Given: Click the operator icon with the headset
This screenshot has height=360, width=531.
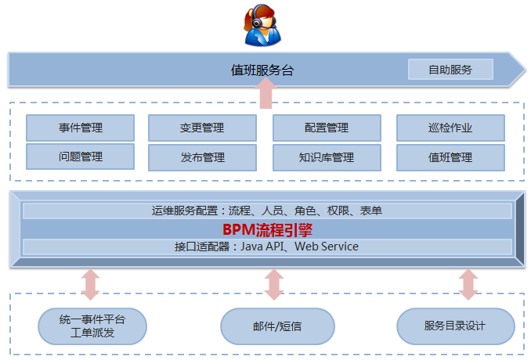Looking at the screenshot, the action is click(262, 26).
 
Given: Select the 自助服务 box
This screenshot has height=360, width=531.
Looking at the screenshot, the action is click(450, 70).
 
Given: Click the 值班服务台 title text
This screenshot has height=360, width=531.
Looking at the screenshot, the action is click(262, 70).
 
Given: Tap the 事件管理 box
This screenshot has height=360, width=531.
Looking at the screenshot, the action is click(80, 128).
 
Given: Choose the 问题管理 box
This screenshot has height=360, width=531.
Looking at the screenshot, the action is click(80, 157).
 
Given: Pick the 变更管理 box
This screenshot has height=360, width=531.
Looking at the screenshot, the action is click(202, 128).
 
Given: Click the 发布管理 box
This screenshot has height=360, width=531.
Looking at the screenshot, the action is click(202, 157).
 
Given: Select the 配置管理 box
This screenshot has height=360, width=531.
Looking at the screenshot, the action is click(327, 128).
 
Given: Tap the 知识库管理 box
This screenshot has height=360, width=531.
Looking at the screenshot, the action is click(327, 157).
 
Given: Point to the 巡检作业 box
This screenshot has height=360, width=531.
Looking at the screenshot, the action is click(450, 128).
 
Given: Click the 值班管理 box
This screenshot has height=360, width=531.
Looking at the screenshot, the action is click(450, 157).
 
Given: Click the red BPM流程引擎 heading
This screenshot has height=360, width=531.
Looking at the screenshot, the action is click(268, 230).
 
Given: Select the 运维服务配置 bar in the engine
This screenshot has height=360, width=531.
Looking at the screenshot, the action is click(267, 211).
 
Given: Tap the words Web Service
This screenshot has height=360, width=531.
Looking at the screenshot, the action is click(327, 247).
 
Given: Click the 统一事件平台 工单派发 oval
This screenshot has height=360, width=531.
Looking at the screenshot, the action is click(92, 326).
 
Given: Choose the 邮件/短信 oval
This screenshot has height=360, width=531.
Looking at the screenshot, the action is click(277, 326).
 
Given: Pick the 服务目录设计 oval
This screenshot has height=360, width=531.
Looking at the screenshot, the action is click(456, 326).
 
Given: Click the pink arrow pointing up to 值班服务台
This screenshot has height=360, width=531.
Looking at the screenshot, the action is click(265, 93).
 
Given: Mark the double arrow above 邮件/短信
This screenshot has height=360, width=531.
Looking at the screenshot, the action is click(274, 285).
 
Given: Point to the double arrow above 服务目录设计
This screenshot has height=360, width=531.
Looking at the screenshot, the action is click(468, 285).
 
